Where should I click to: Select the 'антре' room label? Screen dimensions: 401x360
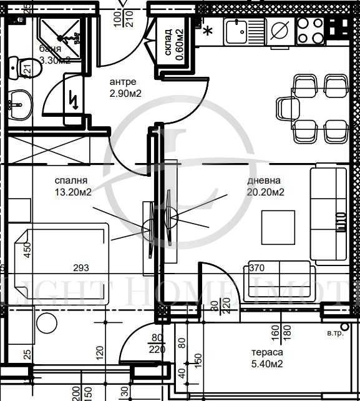tap(122, 82)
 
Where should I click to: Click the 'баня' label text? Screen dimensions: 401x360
tap(50, 49)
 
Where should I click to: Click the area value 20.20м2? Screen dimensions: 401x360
tap(266, 192)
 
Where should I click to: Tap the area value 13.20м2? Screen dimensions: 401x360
tap(72, 192)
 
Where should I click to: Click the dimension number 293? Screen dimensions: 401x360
tap(80, 268)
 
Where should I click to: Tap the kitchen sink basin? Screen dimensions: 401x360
tap(238, 30)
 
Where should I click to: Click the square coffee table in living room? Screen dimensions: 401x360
tap(278, 225)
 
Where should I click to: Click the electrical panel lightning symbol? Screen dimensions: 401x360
tap(74, 99)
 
